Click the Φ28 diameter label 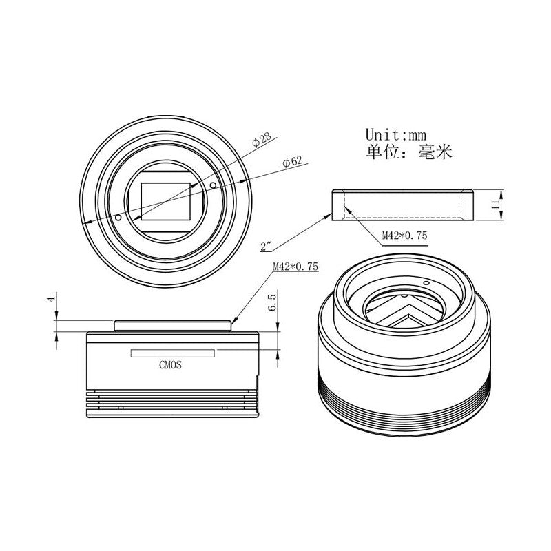pos(262,139)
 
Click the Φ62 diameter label pos(293,162)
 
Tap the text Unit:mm pos(395,134)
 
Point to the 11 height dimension pos(495,205)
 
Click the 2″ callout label pos(266,247)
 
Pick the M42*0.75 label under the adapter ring pos(404,235)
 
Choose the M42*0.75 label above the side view pos(295,267)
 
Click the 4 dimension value pos(52,299)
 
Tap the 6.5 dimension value pos(272,303)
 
